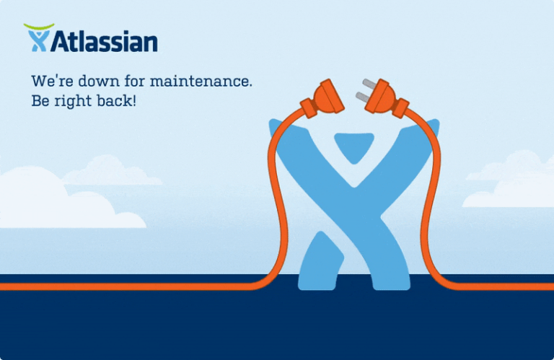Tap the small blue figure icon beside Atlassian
(x=38, y=41)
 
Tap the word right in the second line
(x=74, y=101)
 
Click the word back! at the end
(x=117, y=101)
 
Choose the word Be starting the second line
(x=40, y=101)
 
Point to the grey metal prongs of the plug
(x=364, y=88)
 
